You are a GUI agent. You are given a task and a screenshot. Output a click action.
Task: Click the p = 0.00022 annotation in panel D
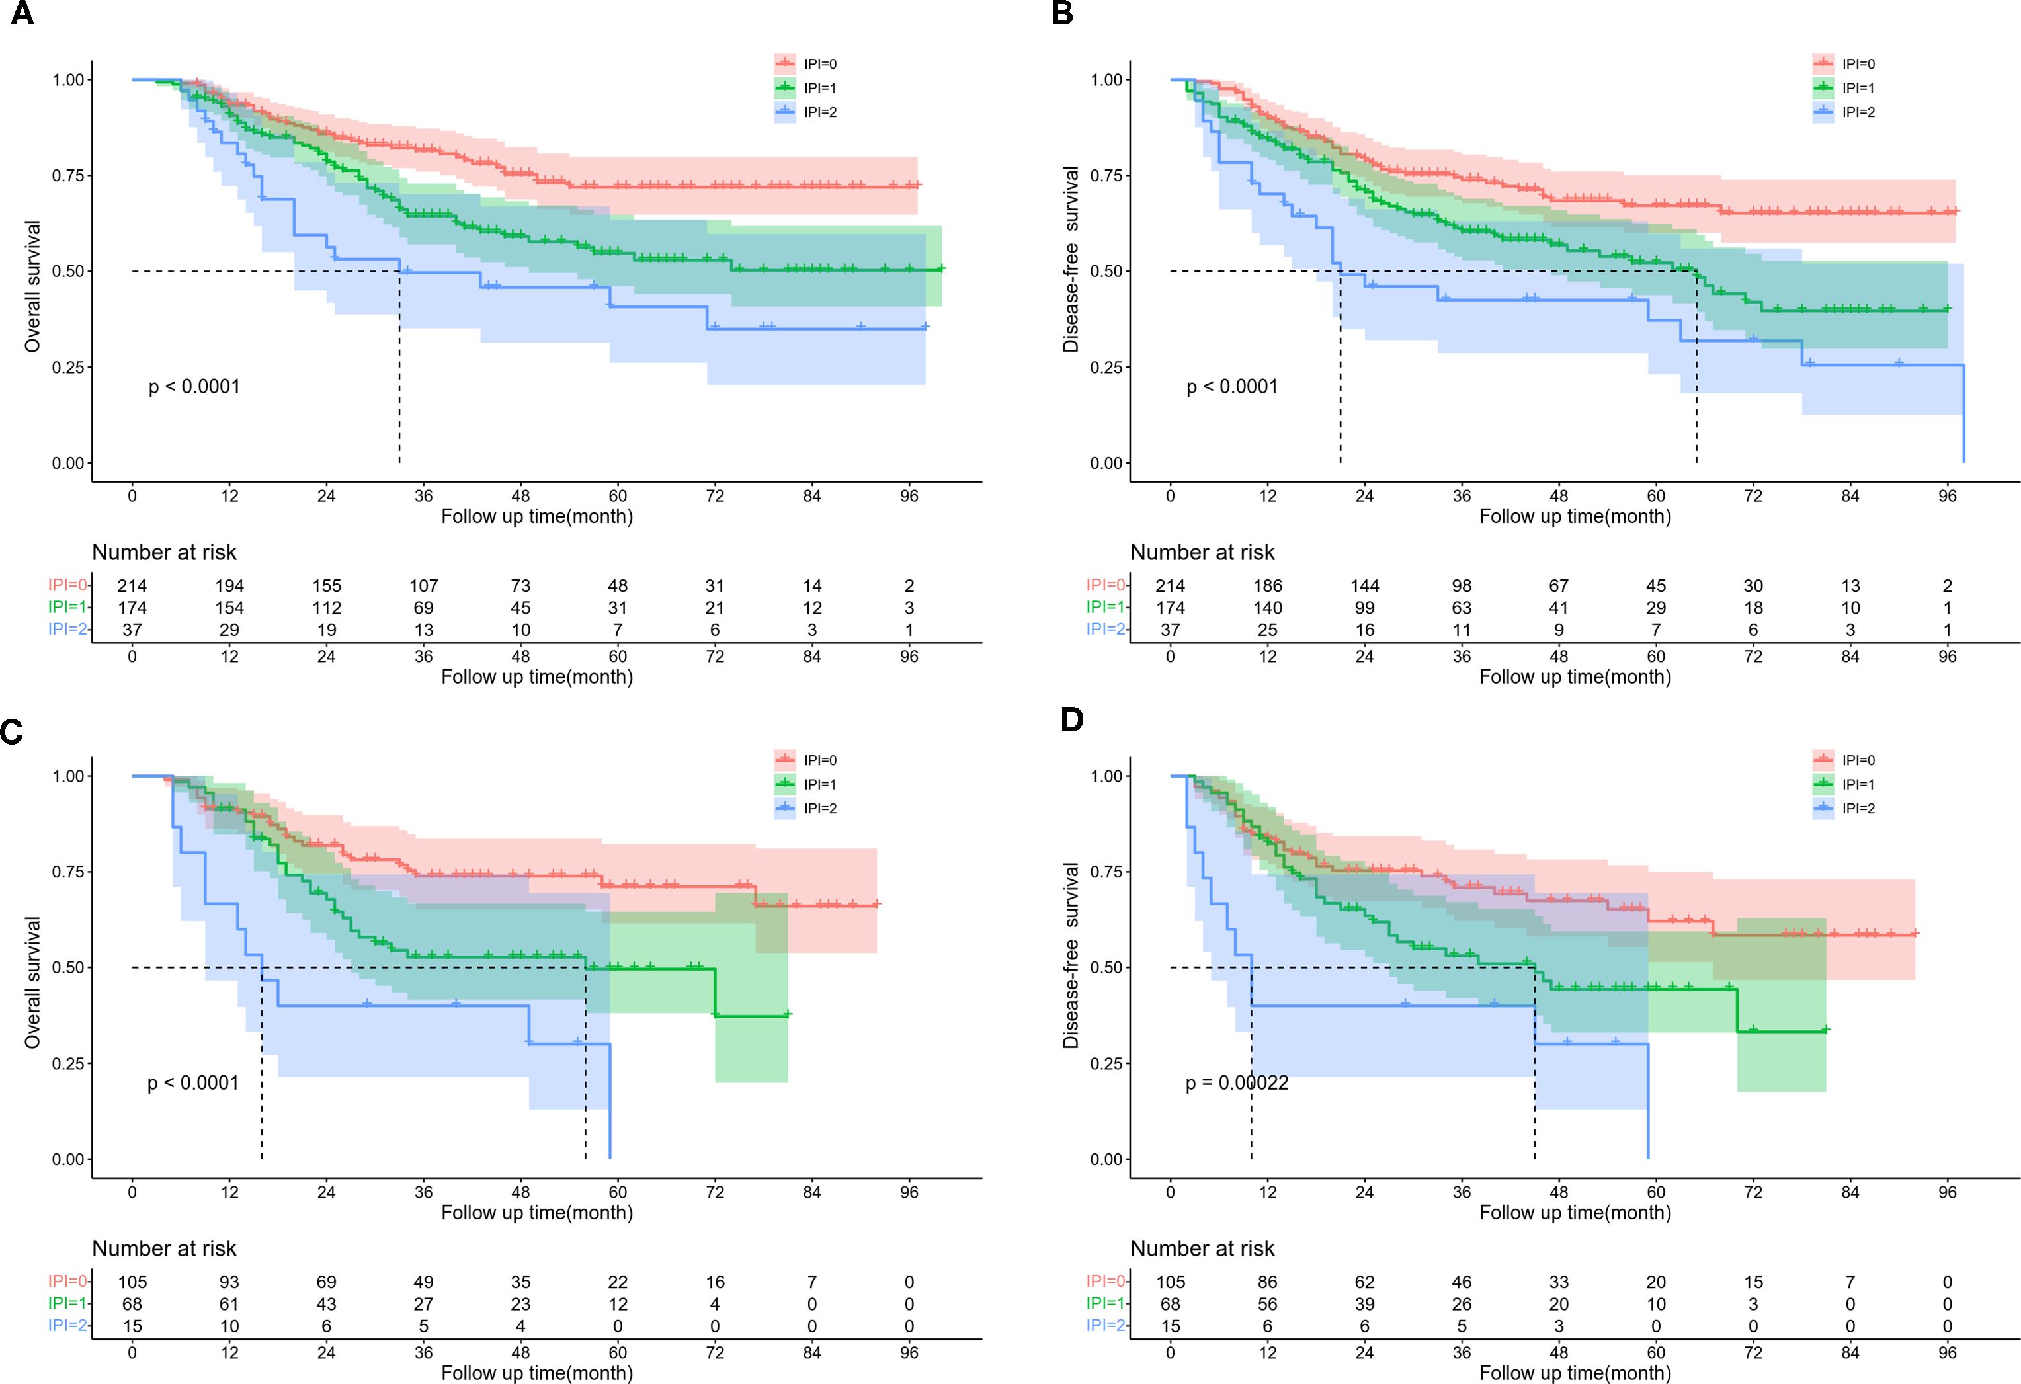tap(1237, 1083)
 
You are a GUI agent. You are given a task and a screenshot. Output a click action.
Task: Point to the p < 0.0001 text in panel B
tap(1232, 387)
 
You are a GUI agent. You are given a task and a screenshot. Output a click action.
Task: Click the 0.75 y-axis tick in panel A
tap(68, 176)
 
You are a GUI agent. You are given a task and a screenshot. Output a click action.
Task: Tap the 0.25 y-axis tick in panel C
tap(68, 1063)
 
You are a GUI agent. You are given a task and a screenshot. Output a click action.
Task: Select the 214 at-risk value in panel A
tap(132, 586)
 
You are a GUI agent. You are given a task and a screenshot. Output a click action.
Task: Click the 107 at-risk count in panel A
tap(423, 586)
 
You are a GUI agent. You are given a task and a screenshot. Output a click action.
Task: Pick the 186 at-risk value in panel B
tap(1267, 586)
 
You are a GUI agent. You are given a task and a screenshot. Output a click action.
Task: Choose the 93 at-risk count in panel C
tap(229, 1282)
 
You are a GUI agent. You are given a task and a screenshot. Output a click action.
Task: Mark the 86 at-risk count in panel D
tap(1267, 1282)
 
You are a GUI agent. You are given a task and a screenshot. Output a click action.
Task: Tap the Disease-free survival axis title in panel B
tap(1071, 259)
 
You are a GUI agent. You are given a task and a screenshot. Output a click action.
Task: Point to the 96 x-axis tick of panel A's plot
tap(909, 497)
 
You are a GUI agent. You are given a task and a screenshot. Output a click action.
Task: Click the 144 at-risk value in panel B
tap(1364, 586)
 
